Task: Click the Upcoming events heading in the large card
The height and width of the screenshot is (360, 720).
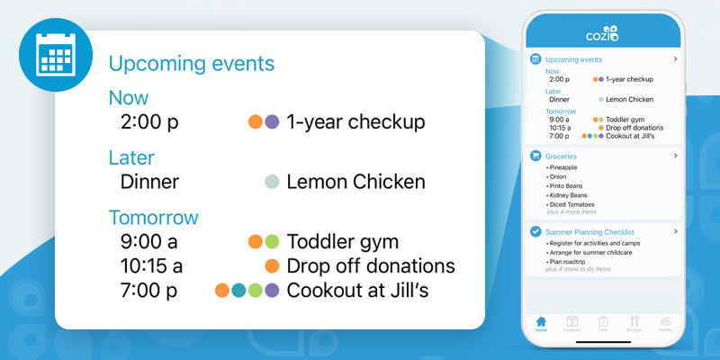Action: coord(191,64)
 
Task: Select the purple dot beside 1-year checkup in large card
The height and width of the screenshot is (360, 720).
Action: coord(272,121)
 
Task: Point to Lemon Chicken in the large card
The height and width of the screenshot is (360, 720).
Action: coord(355,182)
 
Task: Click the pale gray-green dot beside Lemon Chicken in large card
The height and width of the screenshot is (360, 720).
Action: coord(272,182)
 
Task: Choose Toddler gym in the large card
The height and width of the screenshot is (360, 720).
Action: coord(342,241)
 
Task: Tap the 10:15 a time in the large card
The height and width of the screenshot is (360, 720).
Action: coord(151,266)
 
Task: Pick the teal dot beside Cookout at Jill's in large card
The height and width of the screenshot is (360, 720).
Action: coord(238,291)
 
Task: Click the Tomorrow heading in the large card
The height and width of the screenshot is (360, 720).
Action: coord(153,218)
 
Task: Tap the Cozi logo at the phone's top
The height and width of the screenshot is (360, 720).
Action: coord(602,34)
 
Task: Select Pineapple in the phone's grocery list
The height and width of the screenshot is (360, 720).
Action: coord(564,167)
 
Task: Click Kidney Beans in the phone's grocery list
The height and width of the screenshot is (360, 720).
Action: coord(568,194)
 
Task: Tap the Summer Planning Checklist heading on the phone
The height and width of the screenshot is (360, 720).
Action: coord(589,232)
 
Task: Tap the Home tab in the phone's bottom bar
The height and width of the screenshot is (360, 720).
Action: coord(541,324)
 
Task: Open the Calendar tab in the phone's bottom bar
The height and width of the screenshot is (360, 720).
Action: coord(571,324)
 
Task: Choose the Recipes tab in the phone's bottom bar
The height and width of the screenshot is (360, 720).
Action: coord(634,324)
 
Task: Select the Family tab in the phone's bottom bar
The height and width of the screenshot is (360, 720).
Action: coord(665,324)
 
